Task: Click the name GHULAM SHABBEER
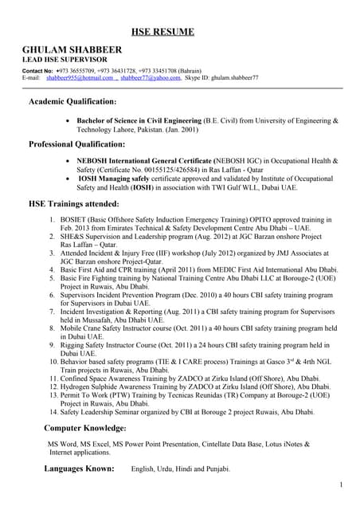pos(72,50)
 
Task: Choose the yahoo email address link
pos(151,78)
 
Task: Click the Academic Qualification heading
pos(72,102)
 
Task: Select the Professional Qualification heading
pos(76,144)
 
